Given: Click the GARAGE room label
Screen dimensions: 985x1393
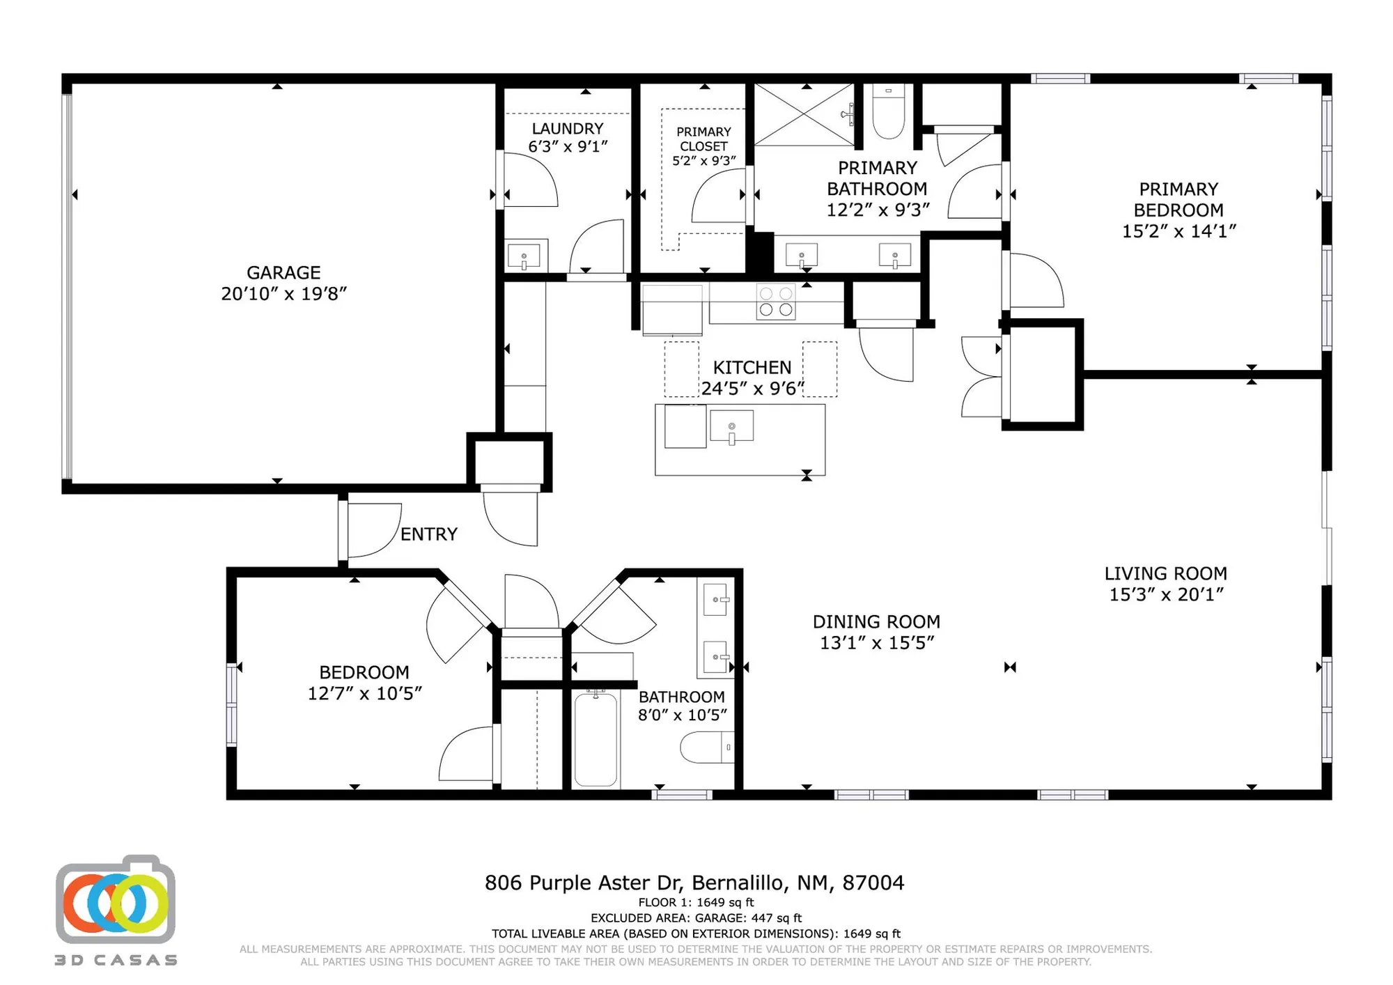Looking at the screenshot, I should click(x=283, y=272).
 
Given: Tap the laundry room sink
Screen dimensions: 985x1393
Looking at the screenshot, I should click(x=524, y=256).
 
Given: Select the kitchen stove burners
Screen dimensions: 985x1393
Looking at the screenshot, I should click(x=776, y=302).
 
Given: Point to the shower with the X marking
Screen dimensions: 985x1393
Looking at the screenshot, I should click(x=804, y=115).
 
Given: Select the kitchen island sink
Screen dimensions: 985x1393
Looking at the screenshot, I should click(x=731, y=426).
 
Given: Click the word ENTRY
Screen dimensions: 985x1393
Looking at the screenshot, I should click(x=429, y=534).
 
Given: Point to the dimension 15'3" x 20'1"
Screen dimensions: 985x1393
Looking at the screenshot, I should click(x=1166, y=595).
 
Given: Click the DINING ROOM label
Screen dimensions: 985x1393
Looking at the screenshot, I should click(x=876, y=622).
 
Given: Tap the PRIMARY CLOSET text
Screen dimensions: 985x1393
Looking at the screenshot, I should click(x=703, y=139).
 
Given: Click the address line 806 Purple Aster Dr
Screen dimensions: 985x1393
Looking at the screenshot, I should click(x=694, y=883).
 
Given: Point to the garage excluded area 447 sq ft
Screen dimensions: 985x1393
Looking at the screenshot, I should click(x=696, y=918).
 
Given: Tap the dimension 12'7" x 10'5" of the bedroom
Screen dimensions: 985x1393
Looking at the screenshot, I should click(x=365, y=694).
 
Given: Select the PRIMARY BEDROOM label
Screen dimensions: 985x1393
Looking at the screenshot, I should click(x=1178, y=199).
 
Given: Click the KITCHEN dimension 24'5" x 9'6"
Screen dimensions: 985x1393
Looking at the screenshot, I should click(x=752, y=389).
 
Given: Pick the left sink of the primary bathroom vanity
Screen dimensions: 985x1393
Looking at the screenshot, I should click(x=802, y=256).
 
